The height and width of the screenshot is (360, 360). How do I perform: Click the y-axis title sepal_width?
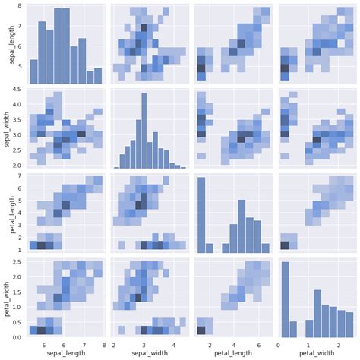(6, 130)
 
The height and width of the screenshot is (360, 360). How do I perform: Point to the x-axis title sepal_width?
(148, 352)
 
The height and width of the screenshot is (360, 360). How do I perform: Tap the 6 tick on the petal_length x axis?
(257, 343)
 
